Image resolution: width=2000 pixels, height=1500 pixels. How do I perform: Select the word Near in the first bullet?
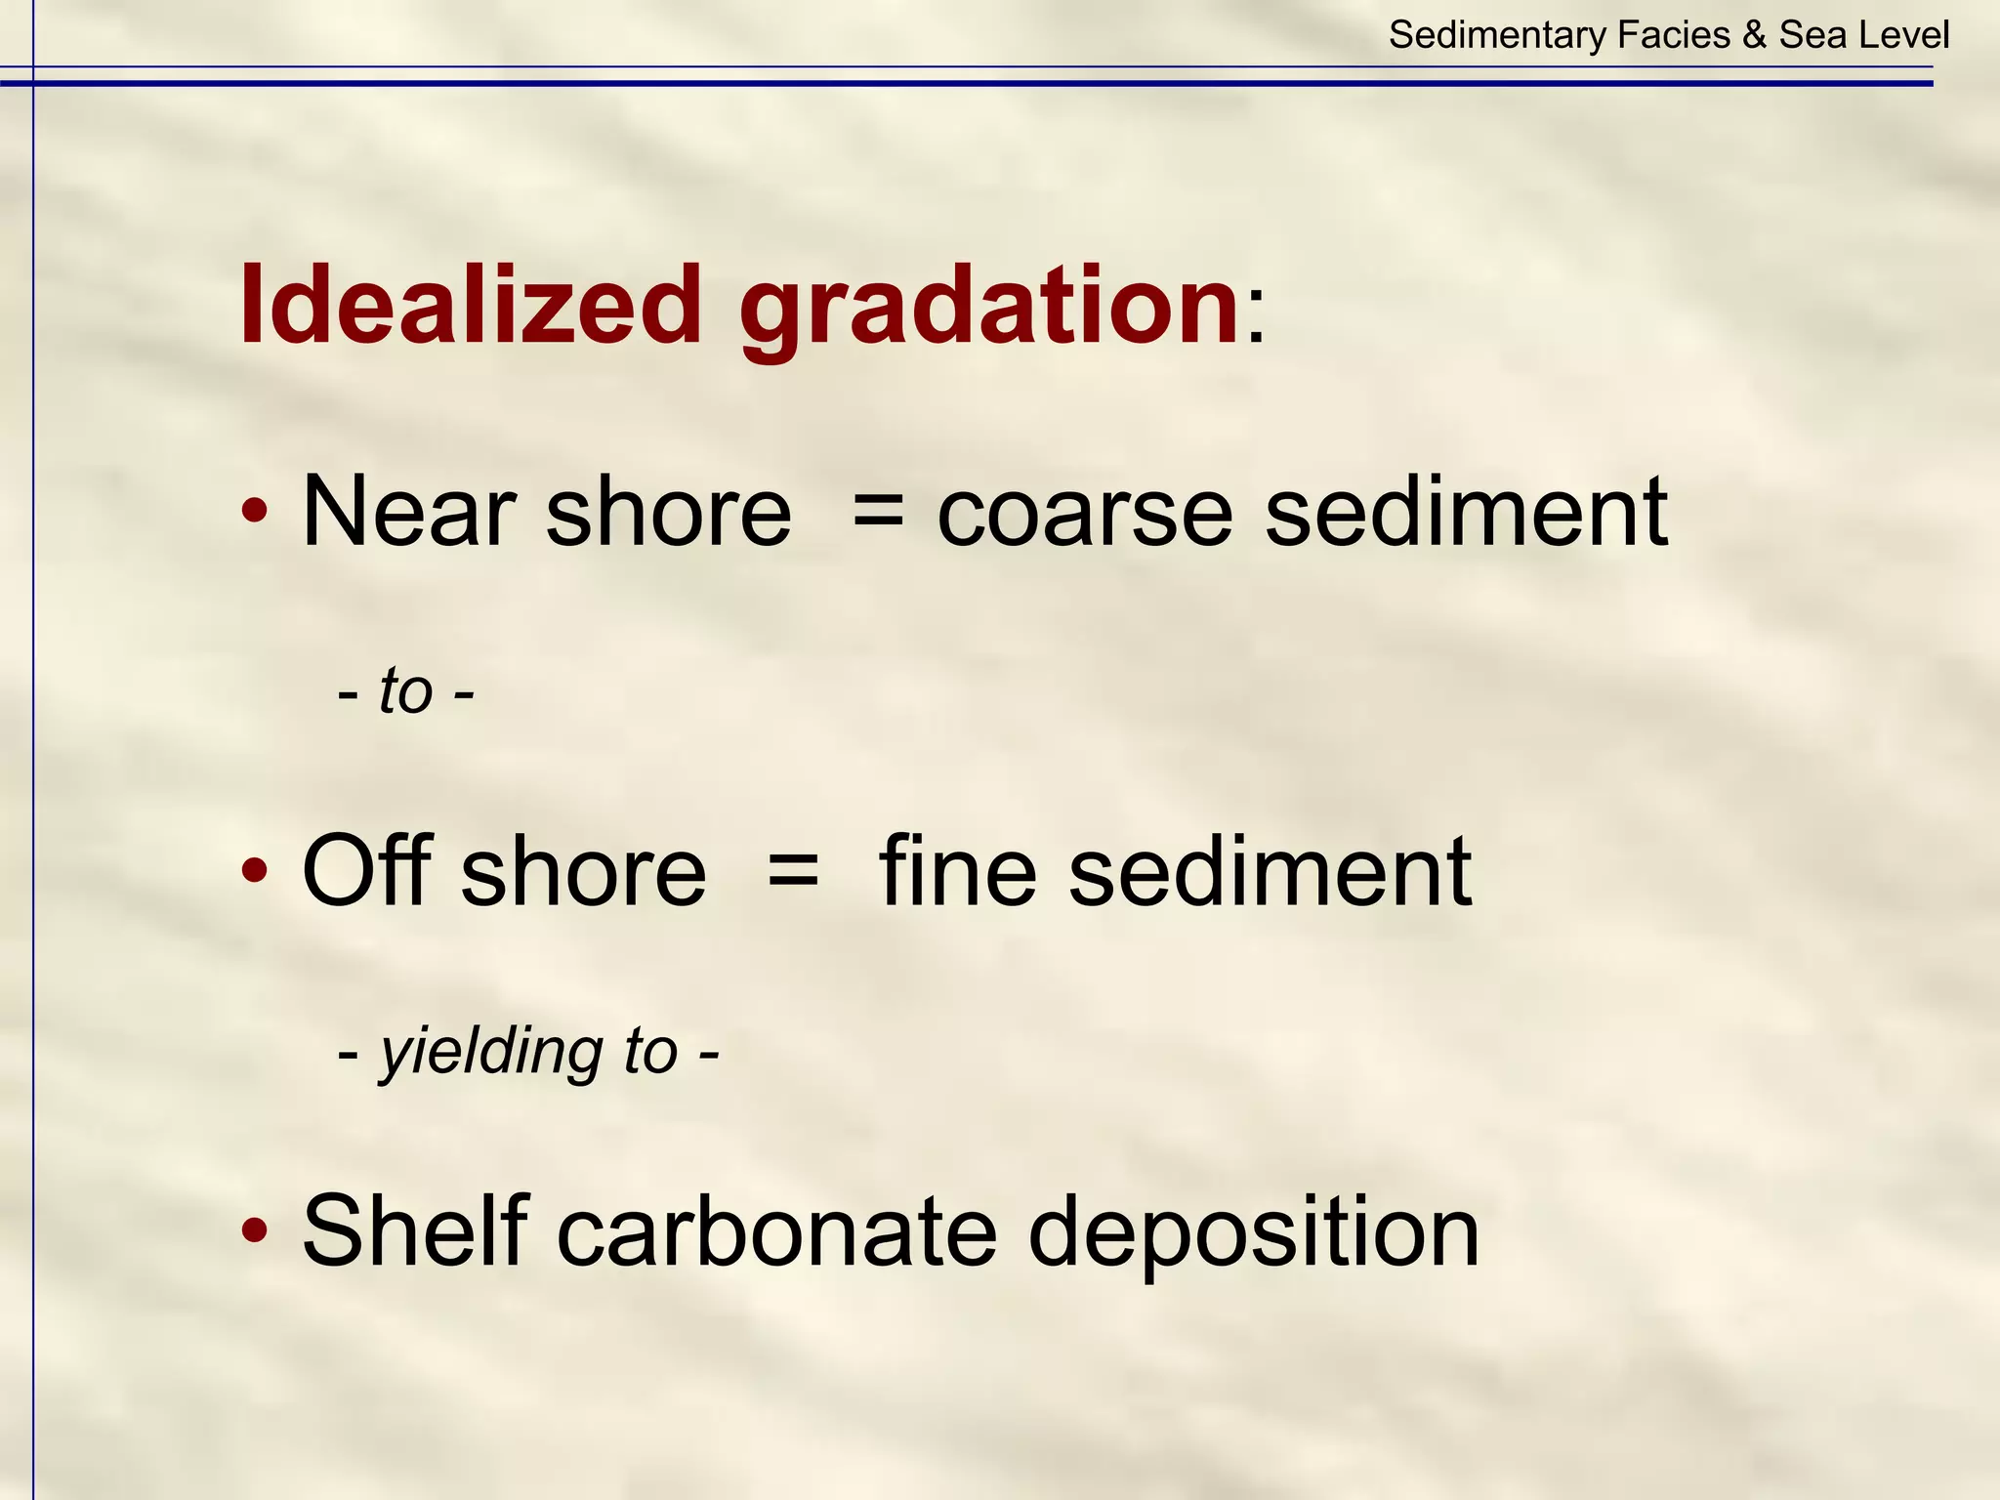click(408, 512)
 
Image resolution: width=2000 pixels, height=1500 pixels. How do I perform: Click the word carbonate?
click(776, 1232)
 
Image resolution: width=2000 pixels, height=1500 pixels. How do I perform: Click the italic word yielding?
click(490, 1053)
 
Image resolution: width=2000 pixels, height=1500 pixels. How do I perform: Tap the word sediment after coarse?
click(1465, 512)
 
